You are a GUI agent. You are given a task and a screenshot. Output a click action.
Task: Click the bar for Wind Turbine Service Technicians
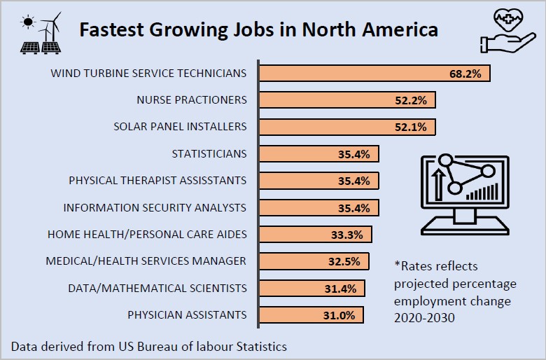pyautogui.click(x=374, y=74)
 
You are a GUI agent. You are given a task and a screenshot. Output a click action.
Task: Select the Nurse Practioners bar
pyautogui.click(x=347, y=100)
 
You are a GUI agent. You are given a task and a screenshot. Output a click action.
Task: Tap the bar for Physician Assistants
pyautogui.click(x=311, y=314)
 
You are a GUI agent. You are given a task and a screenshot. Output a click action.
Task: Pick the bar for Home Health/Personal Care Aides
pyautogui.click(x=316, y=235)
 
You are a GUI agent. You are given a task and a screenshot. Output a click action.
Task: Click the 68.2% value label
pyautogui.click(x=465, y=74)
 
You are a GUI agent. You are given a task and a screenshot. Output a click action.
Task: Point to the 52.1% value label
pyautogui.click(x=411, y=127)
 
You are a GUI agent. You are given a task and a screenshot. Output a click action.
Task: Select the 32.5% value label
pyautogui.click(x=344, y=261)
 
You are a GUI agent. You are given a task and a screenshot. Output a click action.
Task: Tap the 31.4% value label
pyautogui.click(x=341, y=288)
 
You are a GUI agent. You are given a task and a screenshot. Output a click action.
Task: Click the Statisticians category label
pyautogui.click(x=209, y=153)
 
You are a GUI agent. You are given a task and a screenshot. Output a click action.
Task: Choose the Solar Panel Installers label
pyautogui.click(x=180, y=127)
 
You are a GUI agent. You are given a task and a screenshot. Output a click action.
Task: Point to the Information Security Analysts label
pyautogui.click(x=155, y=207)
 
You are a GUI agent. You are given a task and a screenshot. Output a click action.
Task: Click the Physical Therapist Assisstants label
pyautogui.click(x=157, y=181)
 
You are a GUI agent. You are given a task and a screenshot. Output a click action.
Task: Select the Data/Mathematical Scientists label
pyautogui.click(x=157, y=288)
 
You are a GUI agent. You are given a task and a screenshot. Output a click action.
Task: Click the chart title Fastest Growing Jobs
pyautogui.click(x=258, y=30)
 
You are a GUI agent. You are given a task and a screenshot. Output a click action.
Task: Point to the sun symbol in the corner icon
pyautogui.click(x=28, y=22)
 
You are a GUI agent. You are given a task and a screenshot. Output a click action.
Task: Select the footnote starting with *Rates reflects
pyautogui.click(x=455, y=291)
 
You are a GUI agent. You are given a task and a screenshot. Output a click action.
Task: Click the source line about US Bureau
pyautogui.click(x=148, y=346)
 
